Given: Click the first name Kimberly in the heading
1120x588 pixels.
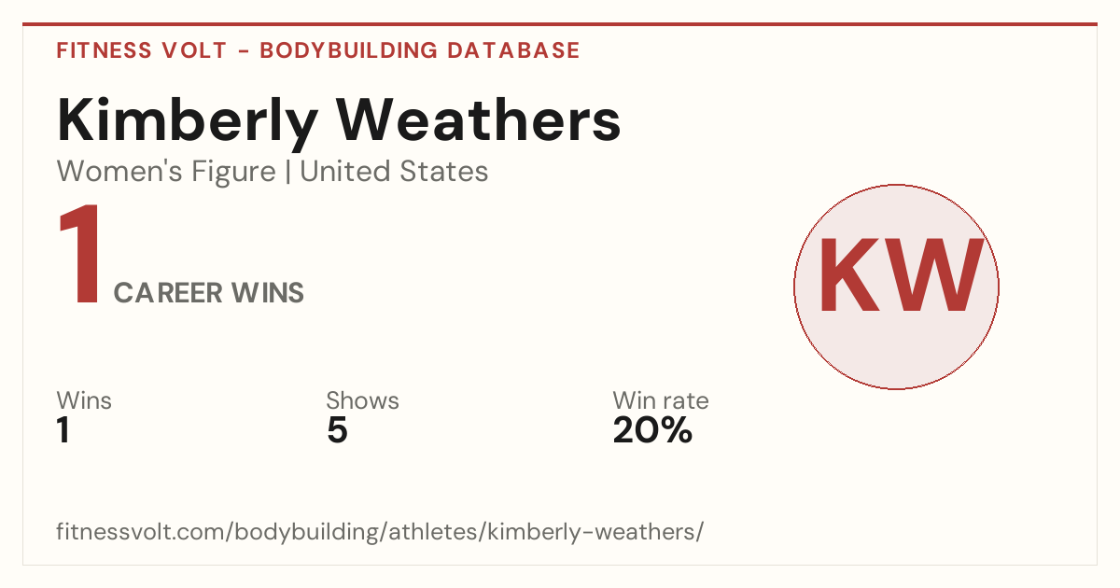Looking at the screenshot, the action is tap(188, 122).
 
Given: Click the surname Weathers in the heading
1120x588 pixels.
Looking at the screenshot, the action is tap(478, 120).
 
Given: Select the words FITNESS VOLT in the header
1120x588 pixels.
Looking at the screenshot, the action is tap(142, 50).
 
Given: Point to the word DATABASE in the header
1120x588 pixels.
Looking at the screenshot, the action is tap(513, 50).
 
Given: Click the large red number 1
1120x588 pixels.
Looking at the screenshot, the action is tap(80, 254).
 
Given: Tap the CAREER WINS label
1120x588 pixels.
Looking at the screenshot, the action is tap(209, 292).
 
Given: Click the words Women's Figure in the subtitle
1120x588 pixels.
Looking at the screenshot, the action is tap(166, 172).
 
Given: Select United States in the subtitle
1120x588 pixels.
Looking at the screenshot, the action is tap(394, 172).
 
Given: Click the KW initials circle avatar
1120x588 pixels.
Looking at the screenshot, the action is tap(897, 287).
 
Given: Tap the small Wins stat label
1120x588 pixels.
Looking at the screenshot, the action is tap(84, 400).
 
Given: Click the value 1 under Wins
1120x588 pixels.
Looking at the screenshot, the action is tap(63, 430).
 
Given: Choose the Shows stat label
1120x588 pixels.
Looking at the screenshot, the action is tap(362, 400).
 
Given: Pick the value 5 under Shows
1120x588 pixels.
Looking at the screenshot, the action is tap(337, 430).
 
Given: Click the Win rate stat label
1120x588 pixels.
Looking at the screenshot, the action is tap(661, 400).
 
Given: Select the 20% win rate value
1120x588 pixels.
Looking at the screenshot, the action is tap(652, 430).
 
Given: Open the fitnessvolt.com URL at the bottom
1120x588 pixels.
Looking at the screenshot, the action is tap(380, 532).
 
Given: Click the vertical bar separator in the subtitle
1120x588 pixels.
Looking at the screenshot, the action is tap(288, 172).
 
